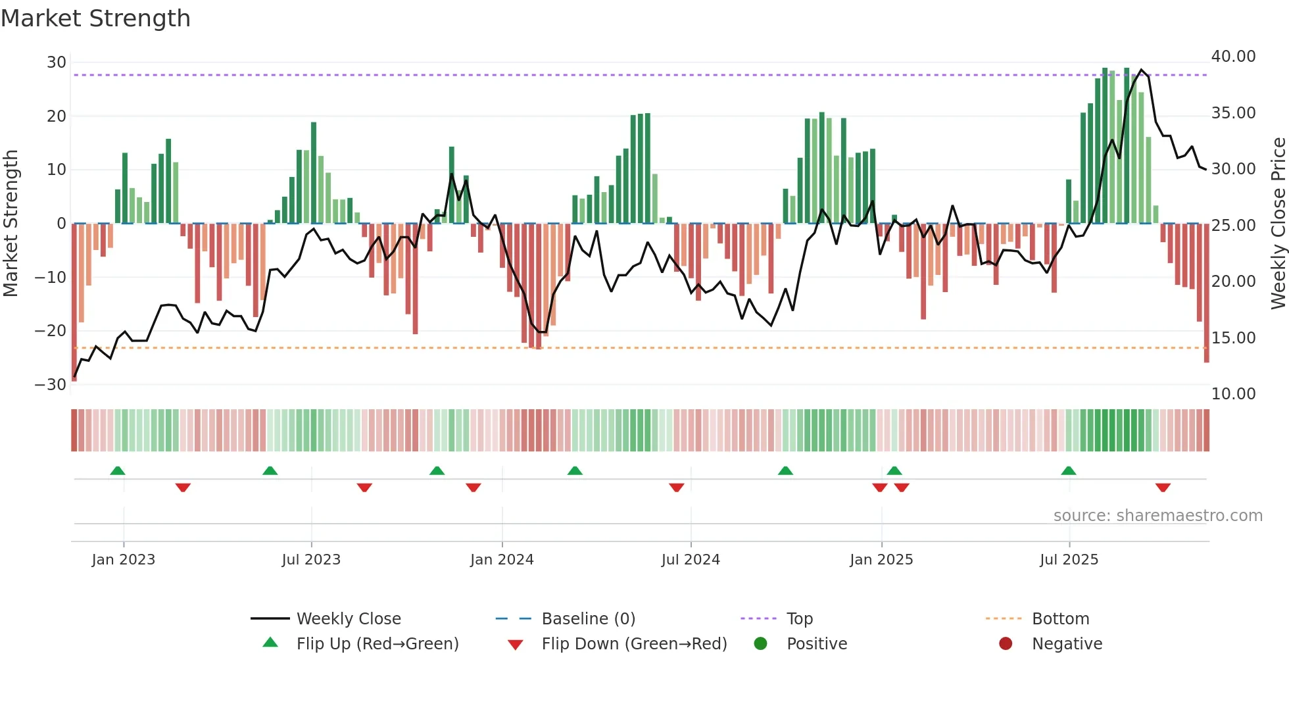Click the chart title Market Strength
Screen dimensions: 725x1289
pyautogui.click(x=95, y=18)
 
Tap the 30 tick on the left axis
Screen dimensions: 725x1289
pyautogui.click(x=57, y=63)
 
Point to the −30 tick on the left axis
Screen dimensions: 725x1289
pyautogui.click(x=51, y=385)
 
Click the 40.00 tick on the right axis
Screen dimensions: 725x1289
pyautogui.click(x=1233, y=57)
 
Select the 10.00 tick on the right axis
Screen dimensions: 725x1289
pyautogui.click(x=1233, y=394)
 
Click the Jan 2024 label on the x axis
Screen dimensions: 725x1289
pyautogui.click(x=502, y=560)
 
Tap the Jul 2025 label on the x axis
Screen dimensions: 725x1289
pyautogui.click(x=1069, y=560)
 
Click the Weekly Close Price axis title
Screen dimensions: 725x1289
pyautogui.click(x=1278, y=224)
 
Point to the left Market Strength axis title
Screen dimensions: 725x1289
pyautogui.click(x=11, y=224)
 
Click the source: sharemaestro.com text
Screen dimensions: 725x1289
pyautogui.click(x=1157, y=516)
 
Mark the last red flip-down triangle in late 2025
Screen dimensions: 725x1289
pyautogui.click(x=1163, y=488)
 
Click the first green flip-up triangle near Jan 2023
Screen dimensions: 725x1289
pyautogui.click(x=118, y=470)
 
